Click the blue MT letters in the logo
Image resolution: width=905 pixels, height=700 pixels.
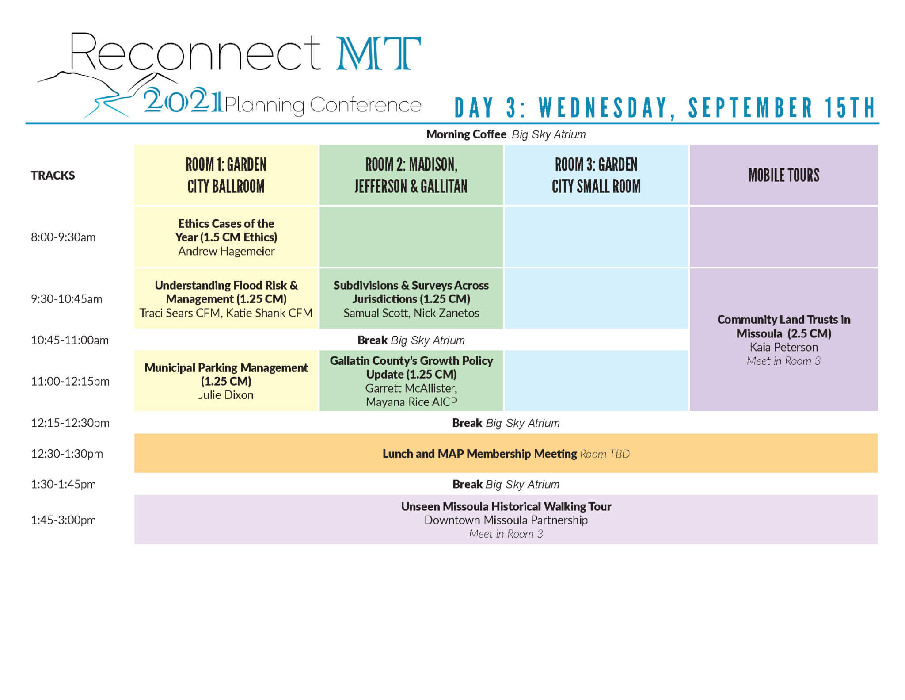tap(378, 54)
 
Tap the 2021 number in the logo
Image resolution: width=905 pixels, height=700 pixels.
tap(183, 101)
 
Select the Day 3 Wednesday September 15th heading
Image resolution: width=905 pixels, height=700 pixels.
tap(665, 108)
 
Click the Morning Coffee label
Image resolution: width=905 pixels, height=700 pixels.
tap(466, 134)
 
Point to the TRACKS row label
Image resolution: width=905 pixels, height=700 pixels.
tap(53, 176)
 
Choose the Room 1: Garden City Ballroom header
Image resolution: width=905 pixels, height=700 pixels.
tap(226, 176)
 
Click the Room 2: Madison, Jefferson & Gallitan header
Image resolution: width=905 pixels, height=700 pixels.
tap(411, 176)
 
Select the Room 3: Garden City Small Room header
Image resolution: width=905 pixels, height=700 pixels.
tap(596, 176)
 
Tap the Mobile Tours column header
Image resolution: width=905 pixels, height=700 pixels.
tap(783, 176)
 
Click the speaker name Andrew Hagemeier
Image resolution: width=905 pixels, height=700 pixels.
tap(226, 252)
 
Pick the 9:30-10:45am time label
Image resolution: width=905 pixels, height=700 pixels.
tap(66, 299)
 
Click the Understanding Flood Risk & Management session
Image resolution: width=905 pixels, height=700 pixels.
tap(226, 292)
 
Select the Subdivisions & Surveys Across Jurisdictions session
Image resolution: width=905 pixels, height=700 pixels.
tap(411, 292)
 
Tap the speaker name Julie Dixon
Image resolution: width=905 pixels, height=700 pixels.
tap(226, 395)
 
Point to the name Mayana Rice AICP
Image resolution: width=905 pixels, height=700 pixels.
tap(411, 402)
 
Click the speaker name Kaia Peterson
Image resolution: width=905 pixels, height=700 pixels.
tap(783, 348)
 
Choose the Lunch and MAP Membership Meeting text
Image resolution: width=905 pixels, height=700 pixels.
tap(479, 454)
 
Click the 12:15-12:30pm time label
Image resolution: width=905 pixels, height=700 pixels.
tap(70, 423)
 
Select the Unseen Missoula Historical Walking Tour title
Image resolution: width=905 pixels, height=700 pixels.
tap(506, 507)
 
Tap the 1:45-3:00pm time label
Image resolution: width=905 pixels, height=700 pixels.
tap(63, 520)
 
